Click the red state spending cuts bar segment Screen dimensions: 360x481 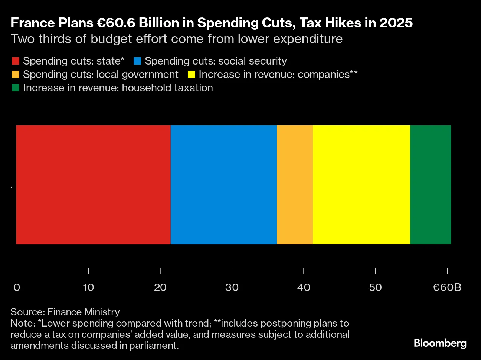93,184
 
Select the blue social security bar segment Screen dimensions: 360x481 223,184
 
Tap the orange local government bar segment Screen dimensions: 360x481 295,184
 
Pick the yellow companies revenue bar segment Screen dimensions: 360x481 361,184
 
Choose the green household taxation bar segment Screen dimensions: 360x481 431,184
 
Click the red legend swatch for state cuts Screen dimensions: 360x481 16,61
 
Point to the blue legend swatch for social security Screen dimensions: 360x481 137,61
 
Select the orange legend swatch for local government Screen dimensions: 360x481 16,75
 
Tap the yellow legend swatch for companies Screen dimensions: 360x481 191,75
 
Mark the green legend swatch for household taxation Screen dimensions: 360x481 16,88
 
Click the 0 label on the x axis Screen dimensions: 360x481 17,287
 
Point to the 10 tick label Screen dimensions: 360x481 88,287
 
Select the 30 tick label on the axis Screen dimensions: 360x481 232,287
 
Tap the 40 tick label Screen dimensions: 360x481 304,287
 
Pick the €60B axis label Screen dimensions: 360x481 447,287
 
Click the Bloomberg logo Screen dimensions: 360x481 440,343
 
